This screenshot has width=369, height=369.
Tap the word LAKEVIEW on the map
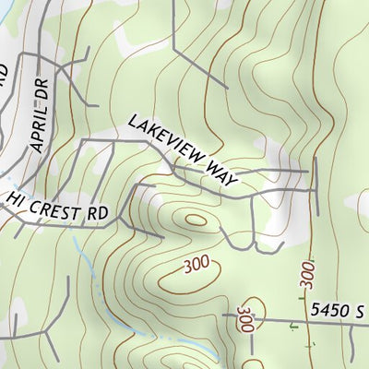(165, 141)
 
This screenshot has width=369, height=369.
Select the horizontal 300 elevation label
(196, 266)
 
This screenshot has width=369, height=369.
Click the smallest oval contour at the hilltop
(196, 220)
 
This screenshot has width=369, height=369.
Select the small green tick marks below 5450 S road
(295, 325)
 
